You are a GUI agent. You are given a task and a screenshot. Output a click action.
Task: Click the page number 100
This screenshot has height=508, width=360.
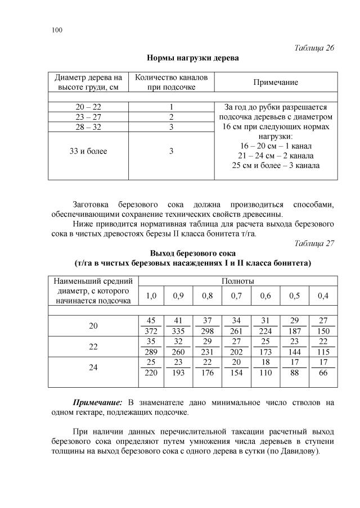(x=56, y=30)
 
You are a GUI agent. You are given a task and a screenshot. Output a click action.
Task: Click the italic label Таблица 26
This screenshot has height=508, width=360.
(x=314, y=48)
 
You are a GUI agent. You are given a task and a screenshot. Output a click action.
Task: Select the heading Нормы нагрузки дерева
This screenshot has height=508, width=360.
(x=192, y=58)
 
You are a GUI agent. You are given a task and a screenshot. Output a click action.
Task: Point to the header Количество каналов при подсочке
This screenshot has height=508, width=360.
(x=171, y=82)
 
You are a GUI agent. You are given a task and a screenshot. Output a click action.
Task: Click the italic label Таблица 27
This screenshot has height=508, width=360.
(x=314, y=243)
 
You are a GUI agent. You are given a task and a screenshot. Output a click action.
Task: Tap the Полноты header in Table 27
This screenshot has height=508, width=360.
(x=238, y=280)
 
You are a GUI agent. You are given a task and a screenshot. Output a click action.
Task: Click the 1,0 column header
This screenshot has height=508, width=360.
(x=151, y=296)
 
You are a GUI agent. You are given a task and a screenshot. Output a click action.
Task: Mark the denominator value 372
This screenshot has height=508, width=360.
(x=151, y=330)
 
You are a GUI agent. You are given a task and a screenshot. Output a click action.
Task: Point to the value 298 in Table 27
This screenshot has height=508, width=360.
(x=208, y=330)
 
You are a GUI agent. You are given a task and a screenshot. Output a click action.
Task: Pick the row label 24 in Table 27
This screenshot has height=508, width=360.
(x=93, y=368)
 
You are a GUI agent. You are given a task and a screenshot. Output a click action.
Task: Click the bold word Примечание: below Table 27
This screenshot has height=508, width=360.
(x=98, y=402)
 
